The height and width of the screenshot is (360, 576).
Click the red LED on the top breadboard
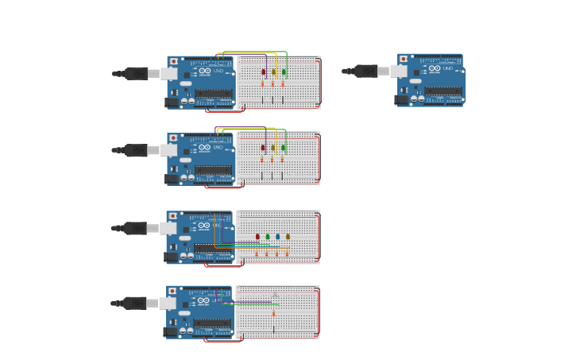(264, 72)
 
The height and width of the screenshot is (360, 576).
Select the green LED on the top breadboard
(284, 72)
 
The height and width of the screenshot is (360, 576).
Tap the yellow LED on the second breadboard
(273, 148)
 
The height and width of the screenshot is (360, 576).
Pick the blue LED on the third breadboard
(277, 236)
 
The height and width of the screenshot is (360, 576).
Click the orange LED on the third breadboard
(288, 236)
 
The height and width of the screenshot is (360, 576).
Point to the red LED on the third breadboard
(257, 236)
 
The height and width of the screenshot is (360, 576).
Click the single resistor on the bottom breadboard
(274, 313)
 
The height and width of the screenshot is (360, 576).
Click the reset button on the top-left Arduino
(174, 61)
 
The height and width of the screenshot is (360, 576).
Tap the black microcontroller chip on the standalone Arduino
(443, 91)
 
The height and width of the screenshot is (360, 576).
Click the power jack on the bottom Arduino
(171, 331)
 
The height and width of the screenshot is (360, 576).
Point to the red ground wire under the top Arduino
(224, 111)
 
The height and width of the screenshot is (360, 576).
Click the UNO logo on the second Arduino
(218, 147)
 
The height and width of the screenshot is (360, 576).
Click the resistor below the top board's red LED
(263, 84)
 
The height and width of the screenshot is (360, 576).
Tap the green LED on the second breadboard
(284, 148)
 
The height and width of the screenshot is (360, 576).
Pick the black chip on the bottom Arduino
(212, 323)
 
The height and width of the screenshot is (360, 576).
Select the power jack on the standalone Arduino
(401, 99)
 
